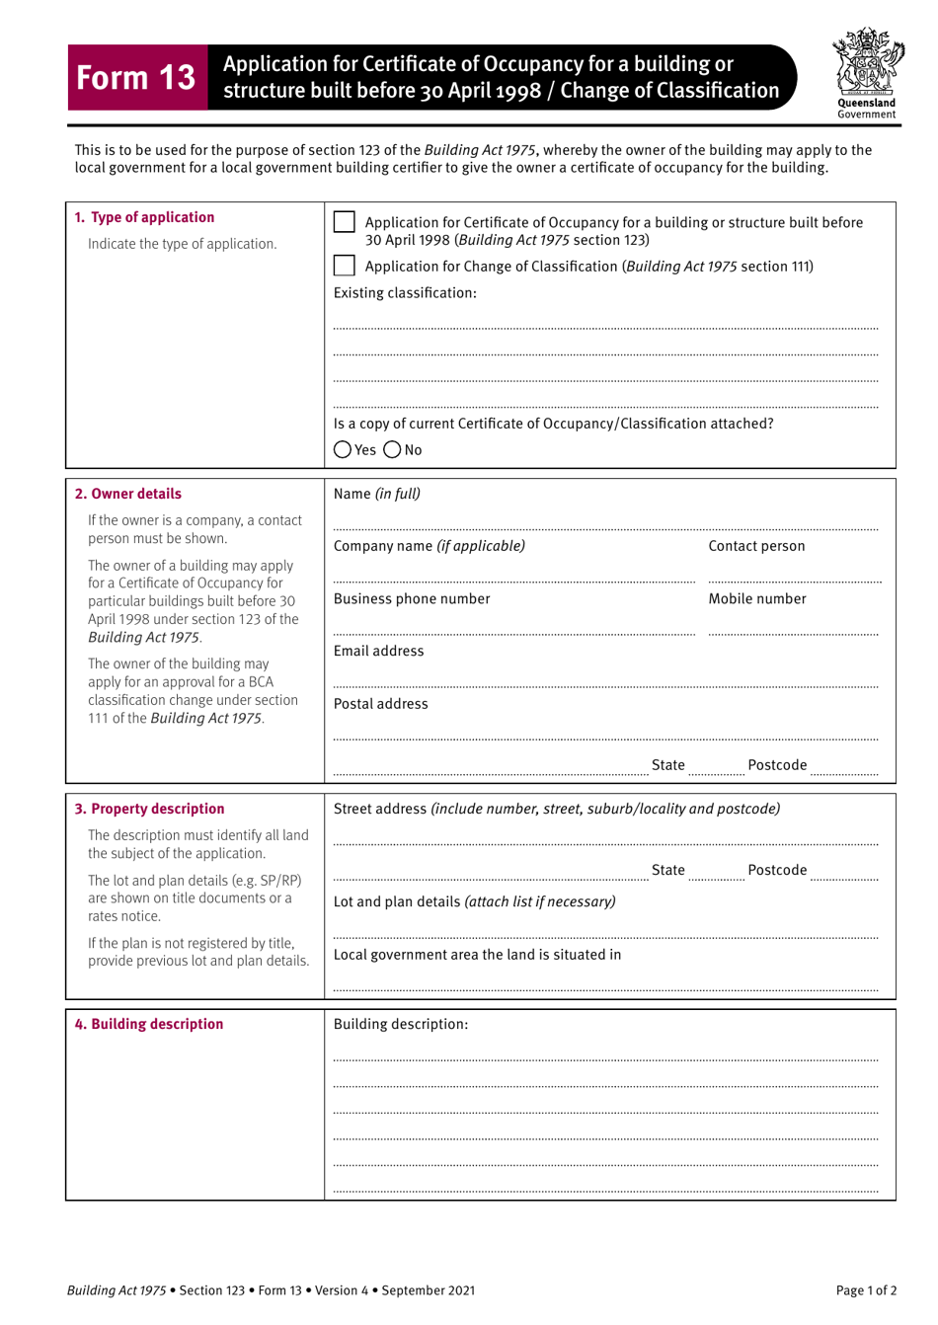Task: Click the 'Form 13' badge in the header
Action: [136, 77]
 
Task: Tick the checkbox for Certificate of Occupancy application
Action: [344, 222]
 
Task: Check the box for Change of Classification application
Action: [344, 266]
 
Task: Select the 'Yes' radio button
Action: [343, 450]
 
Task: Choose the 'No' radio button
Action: [392, 450]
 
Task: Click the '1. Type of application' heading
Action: [144, 217]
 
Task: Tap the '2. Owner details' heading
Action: [128, 494]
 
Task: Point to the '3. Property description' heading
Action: [149, 809]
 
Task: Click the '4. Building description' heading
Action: [149, 1024]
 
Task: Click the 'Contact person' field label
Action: [756, 546]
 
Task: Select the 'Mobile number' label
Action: [757, 599]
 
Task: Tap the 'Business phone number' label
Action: [412, 599]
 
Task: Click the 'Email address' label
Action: [378, 652]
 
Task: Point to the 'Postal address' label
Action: [381, 704]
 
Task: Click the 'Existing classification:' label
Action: [405, 293]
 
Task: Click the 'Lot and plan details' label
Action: [396, 901]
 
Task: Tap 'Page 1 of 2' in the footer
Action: [866, 1290]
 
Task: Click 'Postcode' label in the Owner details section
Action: [777, 765]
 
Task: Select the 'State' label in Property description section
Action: [668, 870]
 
